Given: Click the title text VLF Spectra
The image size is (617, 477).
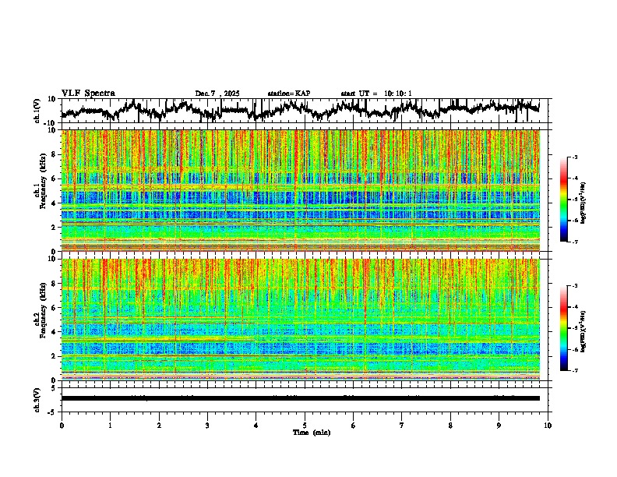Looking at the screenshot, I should pos(88,94).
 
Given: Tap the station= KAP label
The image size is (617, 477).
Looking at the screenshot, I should pos(288,94).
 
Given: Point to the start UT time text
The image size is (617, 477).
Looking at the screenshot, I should pos(376,94).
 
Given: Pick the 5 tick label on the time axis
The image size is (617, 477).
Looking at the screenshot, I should pos(305,425).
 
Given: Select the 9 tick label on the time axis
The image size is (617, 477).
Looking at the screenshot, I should pos(499,425).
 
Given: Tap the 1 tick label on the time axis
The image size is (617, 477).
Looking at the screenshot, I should pos(110,425).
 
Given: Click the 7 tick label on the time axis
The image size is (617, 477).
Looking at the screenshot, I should pos(402,425).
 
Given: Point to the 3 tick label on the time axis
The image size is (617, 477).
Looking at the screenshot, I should pos(207,425).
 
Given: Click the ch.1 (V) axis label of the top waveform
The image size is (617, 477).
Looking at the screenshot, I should pos(37,111).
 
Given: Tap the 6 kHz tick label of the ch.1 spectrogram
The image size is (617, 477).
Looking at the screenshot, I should pos(54,178).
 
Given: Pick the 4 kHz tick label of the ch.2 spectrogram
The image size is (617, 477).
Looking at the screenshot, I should pos(54,332).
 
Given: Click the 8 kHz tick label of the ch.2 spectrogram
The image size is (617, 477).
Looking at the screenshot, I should pos(54,284).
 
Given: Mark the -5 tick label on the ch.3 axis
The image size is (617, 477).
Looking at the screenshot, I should pos(52,410).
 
